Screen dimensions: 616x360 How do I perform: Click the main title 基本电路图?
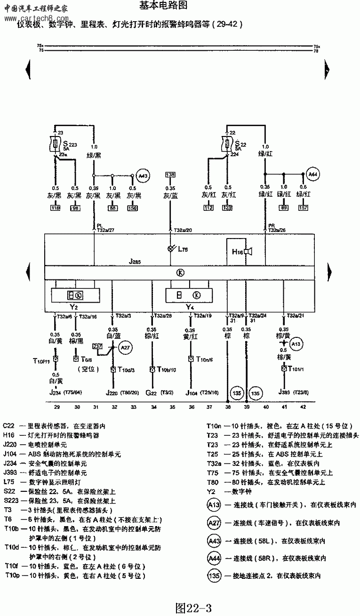[x=164, y=6]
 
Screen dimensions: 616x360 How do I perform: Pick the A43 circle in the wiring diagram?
[x=143, y=176]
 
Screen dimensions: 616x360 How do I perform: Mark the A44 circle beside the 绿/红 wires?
[x=312, y=175]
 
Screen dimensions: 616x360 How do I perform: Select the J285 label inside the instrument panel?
[x=135, y=260]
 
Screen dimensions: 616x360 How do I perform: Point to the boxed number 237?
[x=97, y=346]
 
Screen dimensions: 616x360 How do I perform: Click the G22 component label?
[x=151, y=392]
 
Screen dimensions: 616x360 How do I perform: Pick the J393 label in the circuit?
[x=283, y=392]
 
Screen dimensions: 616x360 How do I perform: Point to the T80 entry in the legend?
[x=213, y=482]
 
